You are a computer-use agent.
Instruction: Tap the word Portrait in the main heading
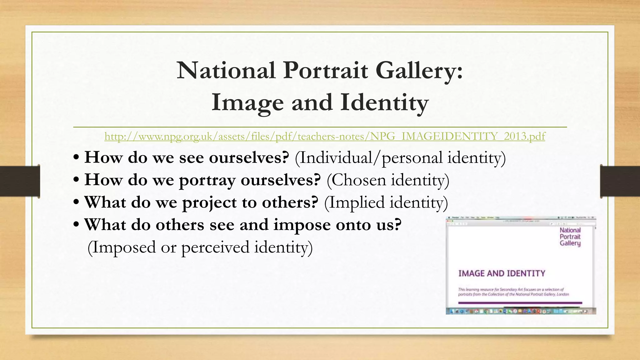point(325,70)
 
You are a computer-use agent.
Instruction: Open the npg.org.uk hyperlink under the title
point(325,137)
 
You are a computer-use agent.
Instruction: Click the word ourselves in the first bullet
point(249,157)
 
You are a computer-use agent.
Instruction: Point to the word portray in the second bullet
point(207,180)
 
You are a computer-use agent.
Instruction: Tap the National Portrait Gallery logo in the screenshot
point(570,237)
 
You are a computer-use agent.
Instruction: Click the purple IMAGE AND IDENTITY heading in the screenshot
point(502,273)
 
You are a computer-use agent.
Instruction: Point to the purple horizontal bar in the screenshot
point(520,303)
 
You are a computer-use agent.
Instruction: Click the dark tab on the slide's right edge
point(620,181)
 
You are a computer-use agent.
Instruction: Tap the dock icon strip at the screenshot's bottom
point(521,311)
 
